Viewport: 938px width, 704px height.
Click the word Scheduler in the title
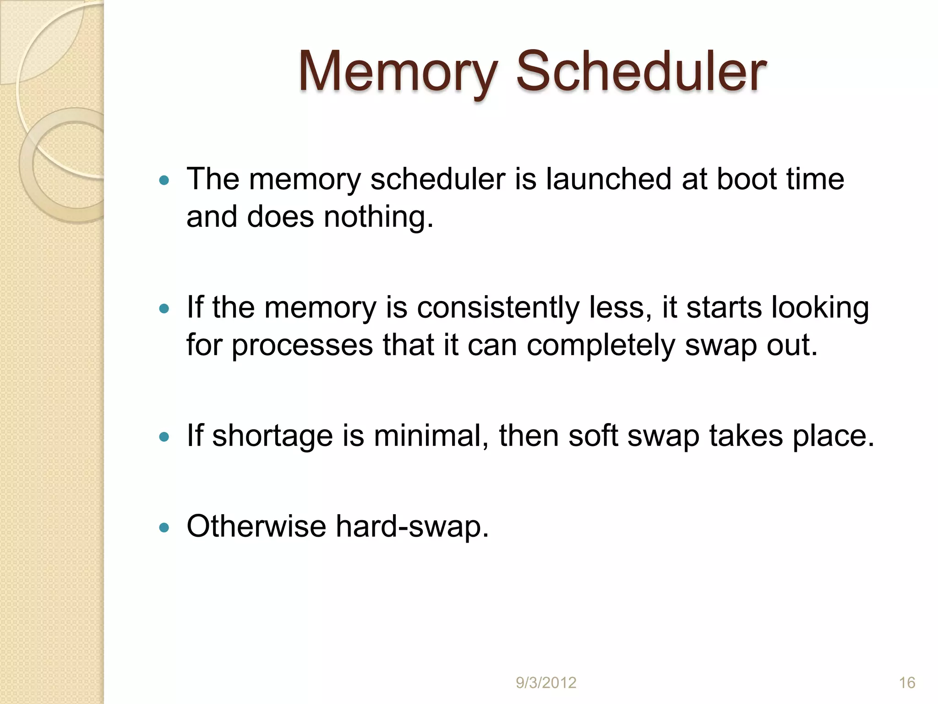pos(641,72)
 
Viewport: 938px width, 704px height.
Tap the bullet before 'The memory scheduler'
pos(164,180)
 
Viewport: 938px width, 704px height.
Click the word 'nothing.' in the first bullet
pos(378,216)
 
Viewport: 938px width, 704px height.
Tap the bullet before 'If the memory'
pos(164,308)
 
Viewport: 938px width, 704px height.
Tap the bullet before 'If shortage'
pos(164,437)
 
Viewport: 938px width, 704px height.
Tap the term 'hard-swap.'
pos(412,527)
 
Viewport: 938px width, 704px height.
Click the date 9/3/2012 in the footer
pos(546,683)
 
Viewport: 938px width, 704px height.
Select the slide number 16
pos(907,683)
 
